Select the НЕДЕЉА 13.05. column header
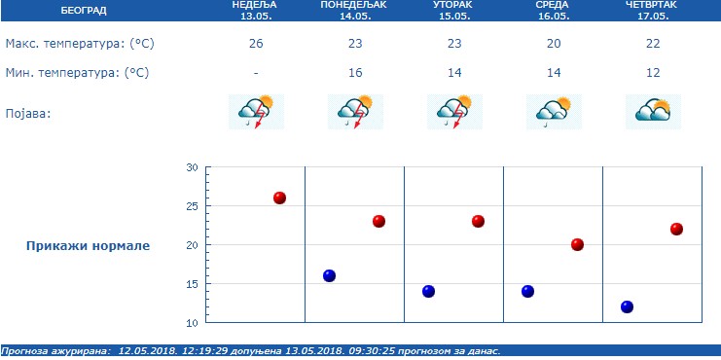click(255, 11)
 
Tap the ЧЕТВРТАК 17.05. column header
click(652, 11)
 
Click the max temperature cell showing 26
click(255, 45)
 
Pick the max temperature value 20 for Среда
click(553, 45)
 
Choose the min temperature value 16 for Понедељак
click(354, 73)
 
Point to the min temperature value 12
click(652, 73)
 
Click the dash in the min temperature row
click(255, 73)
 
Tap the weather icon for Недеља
click(257, 112)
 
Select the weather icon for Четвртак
click(653, 112)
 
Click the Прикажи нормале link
click(88, 245)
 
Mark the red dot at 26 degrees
click(280, 198)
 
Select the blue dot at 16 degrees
click(329, 275)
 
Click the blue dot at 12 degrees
click(627, 306)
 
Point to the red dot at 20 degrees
click(577, 244)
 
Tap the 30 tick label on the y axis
click(192, 167)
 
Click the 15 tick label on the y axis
click(192, 284)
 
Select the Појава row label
click(27, 113)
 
